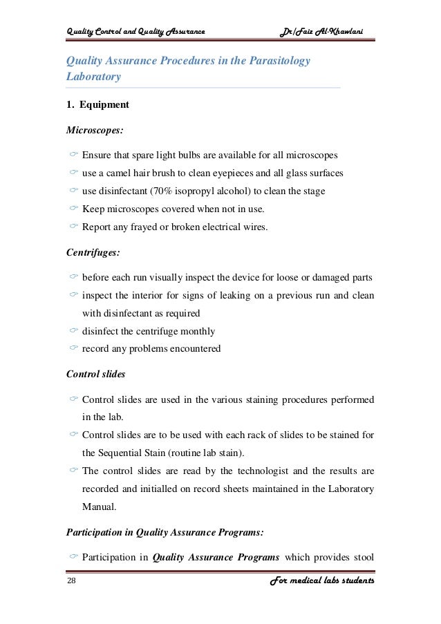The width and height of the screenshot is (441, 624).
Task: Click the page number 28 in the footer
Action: pyautogui.click(x=71, y=582)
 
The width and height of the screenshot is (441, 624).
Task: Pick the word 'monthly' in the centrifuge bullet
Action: pyautogui.click(x=198, y=330)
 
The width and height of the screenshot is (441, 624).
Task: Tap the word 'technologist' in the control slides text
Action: pyautogui.click(x=257, y=471)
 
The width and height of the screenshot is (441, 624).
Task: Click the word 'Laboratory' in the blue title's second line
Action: pyautogui.click(x=93, y=77)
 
